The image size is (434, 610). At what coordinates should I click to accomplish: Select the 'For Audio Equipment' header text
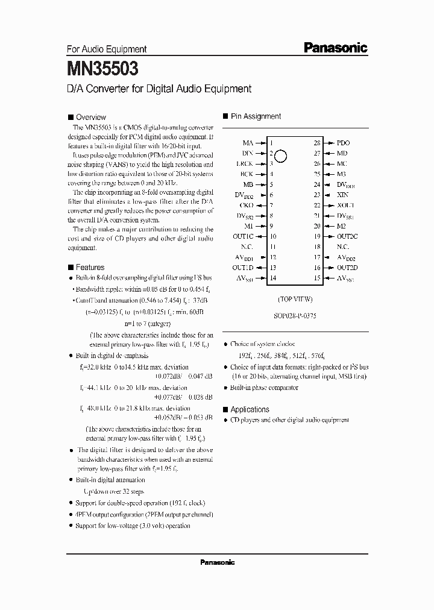click(105, 49)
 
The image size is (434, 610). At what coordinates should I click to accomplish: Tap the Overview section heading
click(90, 117)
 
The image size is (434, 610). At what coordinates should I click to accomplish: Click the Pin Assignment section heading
click(256, 116)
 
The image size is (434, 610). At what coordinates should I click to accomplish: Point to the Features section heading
click(90, 267)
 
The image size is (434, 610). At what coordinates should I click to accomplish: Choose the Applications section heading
click(250, 409)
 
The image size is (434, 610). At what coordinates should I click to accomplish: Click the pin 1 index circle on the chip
click(281, 156)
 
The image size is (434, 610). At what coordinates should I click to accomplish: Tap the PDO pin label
click(342, 143)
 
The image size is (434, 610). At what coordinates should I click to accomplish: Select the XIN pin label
click(342, 195)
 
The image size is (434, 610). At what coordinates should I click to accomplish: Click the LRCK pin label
click(244, 164)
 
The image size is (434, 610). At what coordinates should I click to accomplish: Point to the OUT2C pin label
click(347, 237)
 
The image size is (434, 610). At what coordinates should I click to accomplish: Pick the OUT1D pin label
click(243, 268)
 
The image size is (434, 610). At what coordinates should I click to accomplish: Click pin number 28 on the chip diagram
click(316, 143)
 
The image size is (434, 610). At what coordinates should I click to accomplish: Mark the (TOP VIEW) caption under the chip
click(295, 299)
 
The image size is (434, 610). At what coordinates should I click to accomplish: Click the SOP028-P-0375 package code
click(295, 315)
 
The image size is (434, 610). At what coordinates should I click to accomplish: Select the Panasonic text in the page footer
click(217, 562)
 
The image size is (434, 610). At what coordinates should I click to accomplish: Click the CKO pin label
click(246, 205)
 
